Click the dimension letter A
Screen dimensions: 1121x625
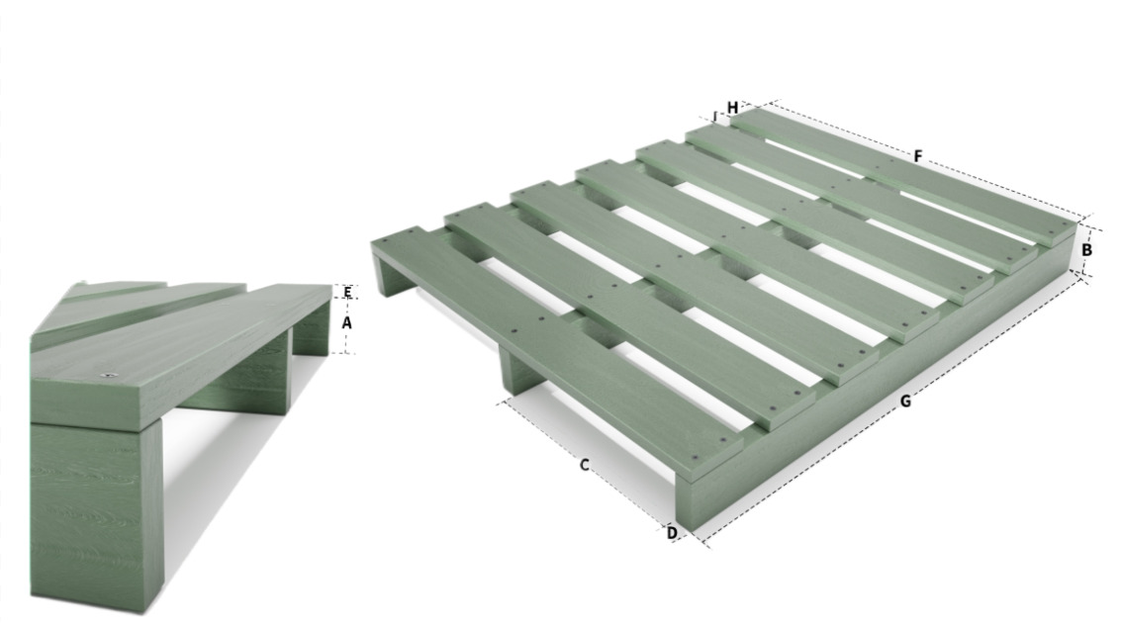(346, 322)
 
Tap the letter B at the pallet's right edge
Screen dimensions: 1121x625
(1086, 251)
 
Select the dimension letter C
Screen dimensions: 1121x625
(584, 465)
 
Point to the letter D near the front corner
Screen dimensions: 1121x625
(672, 533)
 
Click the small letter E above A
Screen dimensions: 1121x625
(347, 292)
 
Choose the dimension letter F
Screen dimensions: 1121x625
(919, 155)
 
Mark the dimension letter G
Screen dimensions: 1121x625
(906, 401)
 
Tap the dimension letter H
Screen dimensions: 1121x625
(733, 108)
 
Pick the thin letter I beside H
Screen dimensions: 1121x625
(715, 116)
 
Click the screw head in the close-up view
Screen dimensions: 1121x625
(109, 374)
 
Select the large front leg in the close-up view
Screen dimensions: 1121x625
(97, 514)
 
